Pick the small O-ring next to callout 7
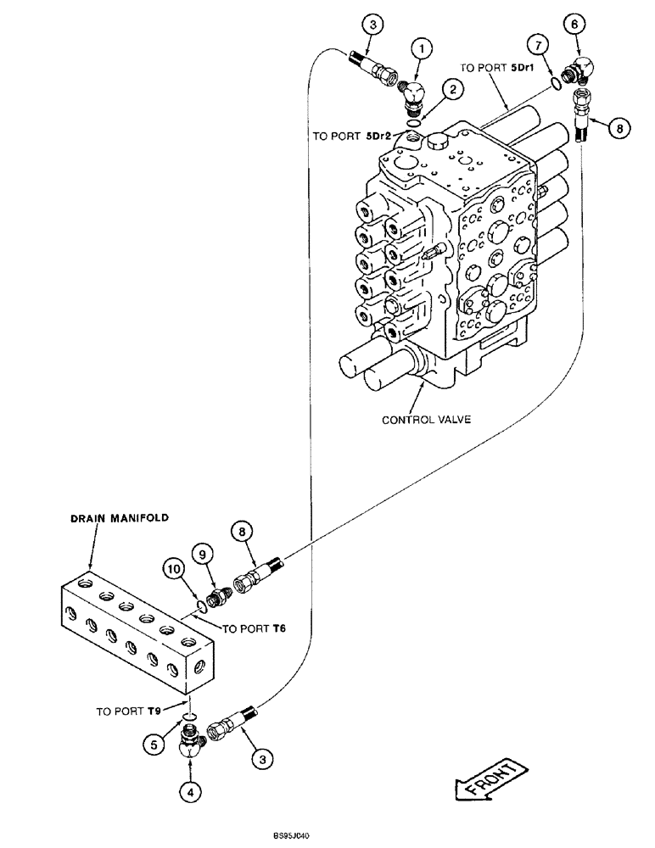click(555, 82)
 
